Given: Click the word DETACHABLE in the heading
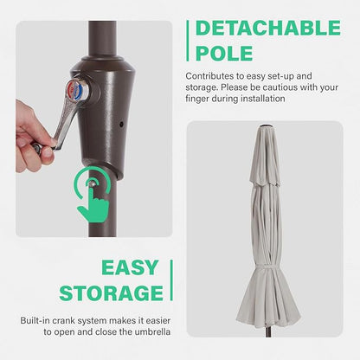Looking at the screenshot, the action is pos(268,28).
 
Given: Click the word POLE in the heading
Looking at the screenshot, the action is pos(224,54).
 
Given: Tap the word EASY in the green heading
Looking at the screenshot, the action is pos(130,267).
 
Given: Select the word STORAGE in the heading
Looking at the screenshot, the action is pos(112,293).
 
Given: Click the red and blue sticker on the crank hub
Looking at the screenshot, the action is pos(75,89).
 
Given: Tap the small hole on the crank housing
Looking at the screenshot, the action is pos(121,125).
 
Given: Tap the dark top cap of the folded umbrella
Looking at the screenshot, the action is pos(264,126).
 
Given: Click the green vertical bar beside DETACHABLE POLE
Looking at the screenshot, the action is pos(188,41).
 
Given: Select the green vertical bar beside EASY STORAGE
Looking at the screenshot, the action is pos(171,280).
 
